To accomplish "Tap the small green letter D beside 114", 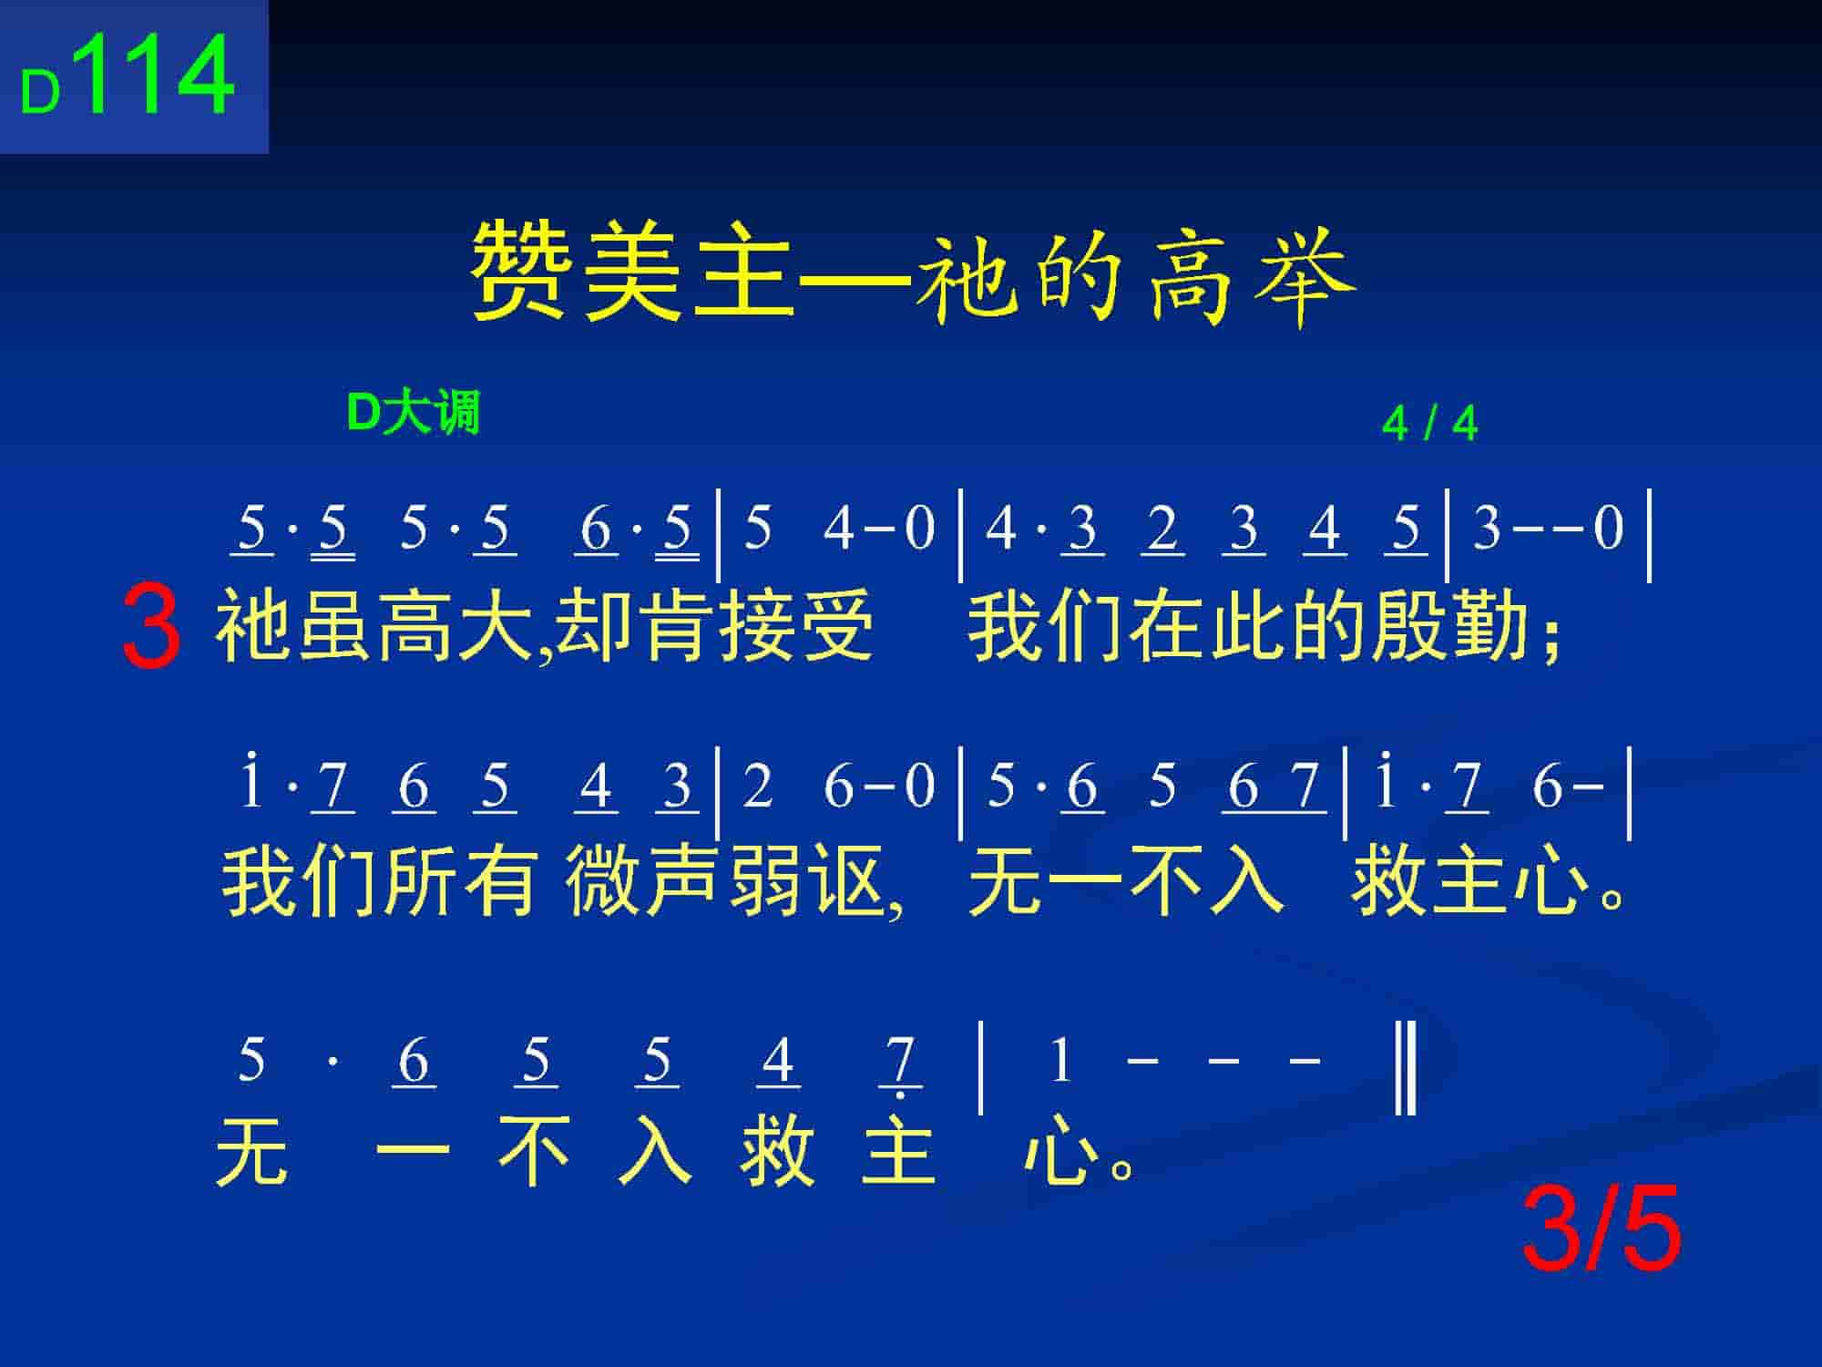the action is pyautogui.click(x=40, y=93).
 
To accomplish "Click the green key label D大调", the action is pyautogui.click(x=414, y=414).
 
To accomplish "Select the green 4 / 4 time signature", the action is pyautogui.click(x=1429, y=423).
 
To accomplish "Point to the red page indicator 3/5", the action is pyautogui.click(x=1602, y=1229).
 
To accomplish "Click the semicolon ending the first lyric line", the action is pyautogui.click(x=1551, y=632).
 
